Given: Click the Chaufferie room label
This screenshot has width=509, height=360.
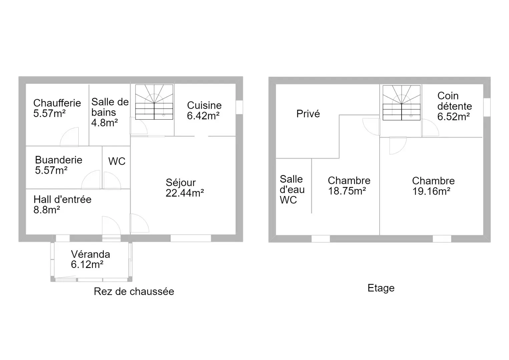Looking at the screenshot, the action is click(x=57, y=103).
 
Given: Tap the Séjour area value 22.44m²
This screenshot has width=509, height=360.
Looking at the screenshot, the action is click(x=185, y=193).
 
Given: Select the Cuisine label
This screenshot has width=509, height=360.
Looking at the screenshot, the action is click(x=204, y=105).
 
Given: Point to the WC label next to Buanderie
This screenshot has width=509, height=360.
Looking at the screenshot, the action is click(x=117, y=161).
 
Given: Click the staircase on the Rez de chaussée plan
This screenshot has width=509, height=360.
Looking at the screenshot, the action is click(x=154, y=102).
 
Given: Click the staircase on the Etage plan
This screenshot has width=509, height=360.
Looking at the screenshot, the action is click(x=402, y=103).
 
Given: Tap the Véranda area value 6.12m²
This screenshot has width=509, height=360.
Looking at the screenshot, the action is click(x=87, y=264).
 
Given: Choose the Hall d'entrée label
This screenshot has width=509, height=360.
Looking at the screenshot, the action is click(x=62, y=200).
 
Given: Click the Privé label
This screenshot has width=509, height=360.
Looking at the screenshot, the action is click(x=308, y=114).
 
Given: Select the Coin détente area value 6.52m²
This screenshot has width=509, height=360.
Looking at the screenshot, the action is click(x=454, y=117).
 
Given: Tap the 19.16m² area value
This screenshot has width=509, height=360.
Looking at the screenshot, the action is click(x=431, y=191).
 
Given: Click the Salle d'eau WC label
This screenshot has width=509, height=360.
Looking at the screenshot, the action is click(x=292, y=189).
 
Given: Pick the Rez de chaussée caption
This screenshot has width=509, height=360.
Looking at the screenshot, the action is click(x=134, y=291).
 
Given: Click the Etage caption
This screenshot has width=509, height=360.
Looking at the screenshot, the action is click(x=381, y=288).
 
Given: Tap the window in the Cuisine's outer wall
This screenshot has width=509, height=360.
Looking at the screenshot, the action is click(x=239, y=107).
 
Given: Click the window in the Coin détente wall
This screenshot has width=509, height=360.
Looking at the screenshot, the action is click(x=487, y=107).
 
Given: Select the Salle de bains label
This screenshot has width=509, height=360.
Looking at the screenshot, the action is click(x=110, y=112).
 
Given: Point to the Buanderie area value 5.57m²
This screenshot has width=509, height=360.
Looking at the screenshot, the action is click(x=51, y=170).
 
